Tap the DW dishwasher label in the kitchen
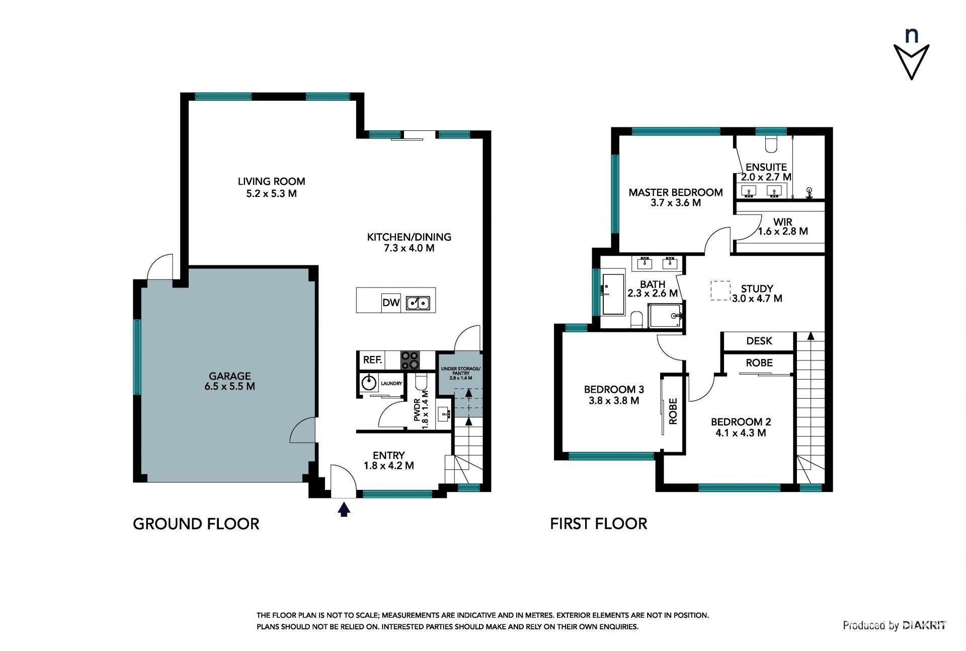coord(391,303)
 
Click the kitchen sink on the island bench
coord(418,303)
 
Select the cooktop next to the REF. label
coord(410,360)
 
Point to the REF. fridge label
coord(372,360)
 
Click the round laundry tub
coord(369,383)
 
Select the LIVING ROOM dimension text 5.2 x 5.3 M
coord(271,194)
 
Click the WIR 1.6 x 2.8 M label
coord(783,227)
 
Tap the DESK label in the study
coord(759,341)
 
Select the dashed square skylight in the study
coord(720,291)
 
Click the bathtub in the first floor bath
coord(613,295)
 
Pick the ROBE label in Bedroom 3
coord(673,411)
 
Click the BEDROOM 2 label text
coord(741,422)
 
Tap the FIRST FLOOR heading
coord(598,524)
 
